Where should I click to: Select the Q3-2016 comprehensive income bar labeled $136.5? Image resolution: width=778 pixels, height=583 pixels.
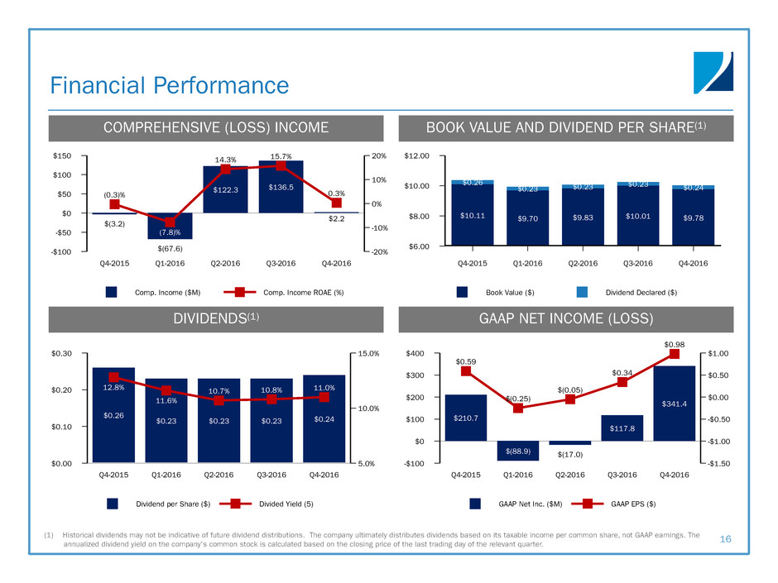(x=281, y=187)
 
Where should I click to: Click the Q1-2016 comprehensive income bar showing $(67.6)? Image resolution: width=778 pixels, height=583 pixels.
(x=170, y=227)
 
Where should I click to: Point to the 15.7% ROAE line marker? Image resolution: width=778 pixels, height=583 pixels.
(x=281, y=165)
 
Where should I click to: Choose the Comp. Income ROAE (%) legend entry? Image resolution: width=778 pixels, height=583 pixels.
(x=280, y=291)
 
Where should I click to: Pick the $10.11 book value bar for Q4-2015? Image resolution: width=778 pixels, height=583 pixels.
(x=473, y=215)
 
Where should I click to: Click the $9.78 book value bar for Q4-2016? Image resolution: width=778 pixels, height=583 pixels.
(x=694, y=217)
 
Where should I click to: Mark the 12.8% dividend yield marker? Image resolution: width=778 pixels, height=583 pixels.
(x=114, y=377)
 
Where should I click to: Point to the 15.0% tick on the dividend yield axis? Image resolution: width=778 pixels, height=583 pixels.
(x=367, y=353)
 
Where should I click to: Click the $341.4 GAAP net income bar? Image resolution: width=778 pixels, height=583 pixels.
(x=674, y=404)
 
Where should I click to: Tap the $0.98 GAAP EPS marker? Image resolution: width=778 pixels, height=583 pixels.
(x=674, y=354)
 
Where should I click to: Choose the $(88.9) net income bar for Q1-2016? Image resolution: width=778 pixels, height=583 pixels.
(x=517, y=451)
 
